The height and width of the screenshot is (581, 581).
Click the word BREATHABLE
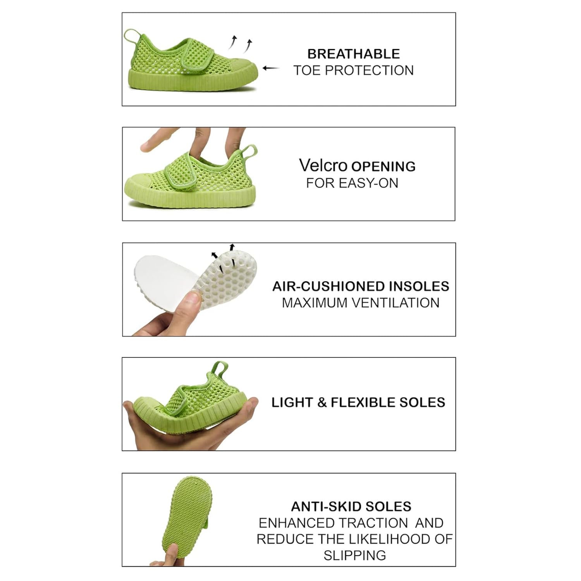click(x=353, y=54)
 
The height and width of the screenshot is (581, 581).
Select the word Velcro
click(x=323, y=165)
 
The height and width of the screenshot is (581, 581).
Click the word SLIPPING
click(x=355, y=555)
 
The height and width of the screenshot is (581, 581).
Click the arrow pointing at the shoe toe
click(x=271, y=68)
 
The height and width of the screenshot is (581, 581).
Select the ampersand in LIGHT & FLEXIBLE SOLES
click(x=322, y=402)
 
